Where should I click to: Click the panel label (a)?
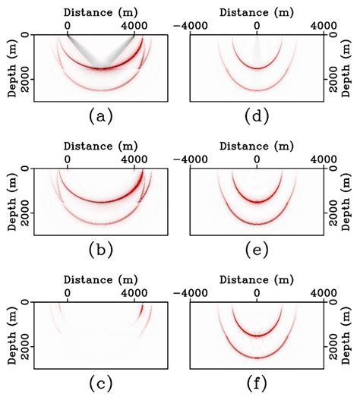tap(100, 115)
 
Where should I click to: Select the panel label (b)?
tap(100, 249)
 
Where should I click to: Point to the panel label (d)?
tap(257, 115)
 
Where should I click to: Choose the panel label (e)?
tap(257, 249)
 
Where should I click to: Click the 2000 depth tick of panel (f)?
tap(334, 336)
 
